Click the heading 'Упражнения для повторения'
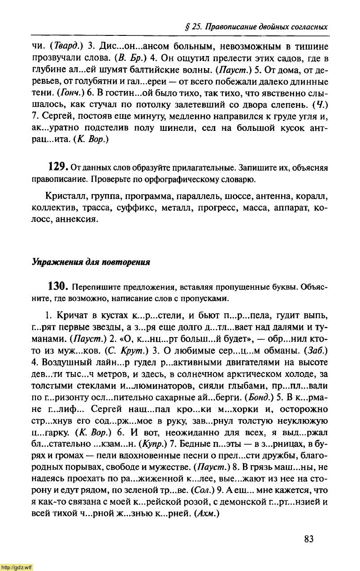tap(90, 262)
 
